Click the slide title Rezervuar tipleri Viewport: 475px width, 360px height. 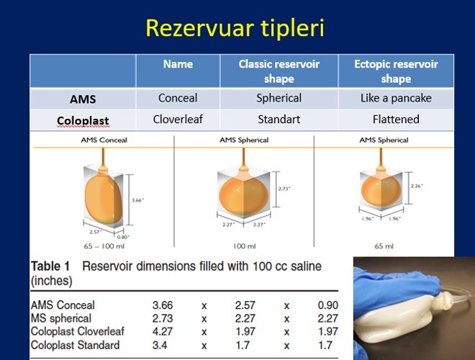click(x=235, y=28)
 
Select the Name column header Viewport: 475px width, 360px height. click(x=178, y=64)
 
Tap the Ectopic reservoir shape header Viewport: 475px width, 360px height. click(x=396, y=71)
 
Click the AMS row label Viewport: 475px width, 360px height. click(x=83, y=99)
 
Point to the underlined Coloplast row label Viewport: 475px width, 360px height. click(x=83, y=120)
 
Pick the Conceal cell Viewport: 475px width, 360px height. click(x=178, y=98)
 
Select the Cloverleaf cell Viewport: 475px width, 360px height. click(x=178, y=119)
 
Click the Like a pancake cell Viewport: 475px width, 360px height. click(x=396, y=98)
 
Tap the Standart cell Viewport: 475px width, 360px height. click(x=279, y=119)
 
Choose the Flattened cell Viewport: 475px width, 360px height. click(x=396, y=119)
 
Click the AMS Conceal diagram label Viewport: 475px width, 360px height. click(x=104, y=140)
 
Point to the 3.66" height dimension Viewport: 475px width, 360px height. click(x=138, y=200)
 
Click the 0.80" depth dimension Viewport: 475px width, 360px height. click(x=123, y=238)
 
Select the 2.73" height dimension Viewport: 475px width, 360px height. click(x=284, y=189)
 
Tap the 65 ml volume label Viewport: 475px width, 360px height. click(x=384, y=246)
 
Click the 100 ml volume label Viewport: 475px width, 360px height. click(x=245, y=246)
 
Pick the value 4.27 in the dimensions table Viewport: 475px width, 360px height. click(x=163, y=331)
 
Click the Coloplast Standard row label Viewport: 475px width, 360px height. click(x=75, y=345)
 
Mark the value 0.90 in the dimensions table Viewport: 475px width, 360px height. click(x=327, y=305)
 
